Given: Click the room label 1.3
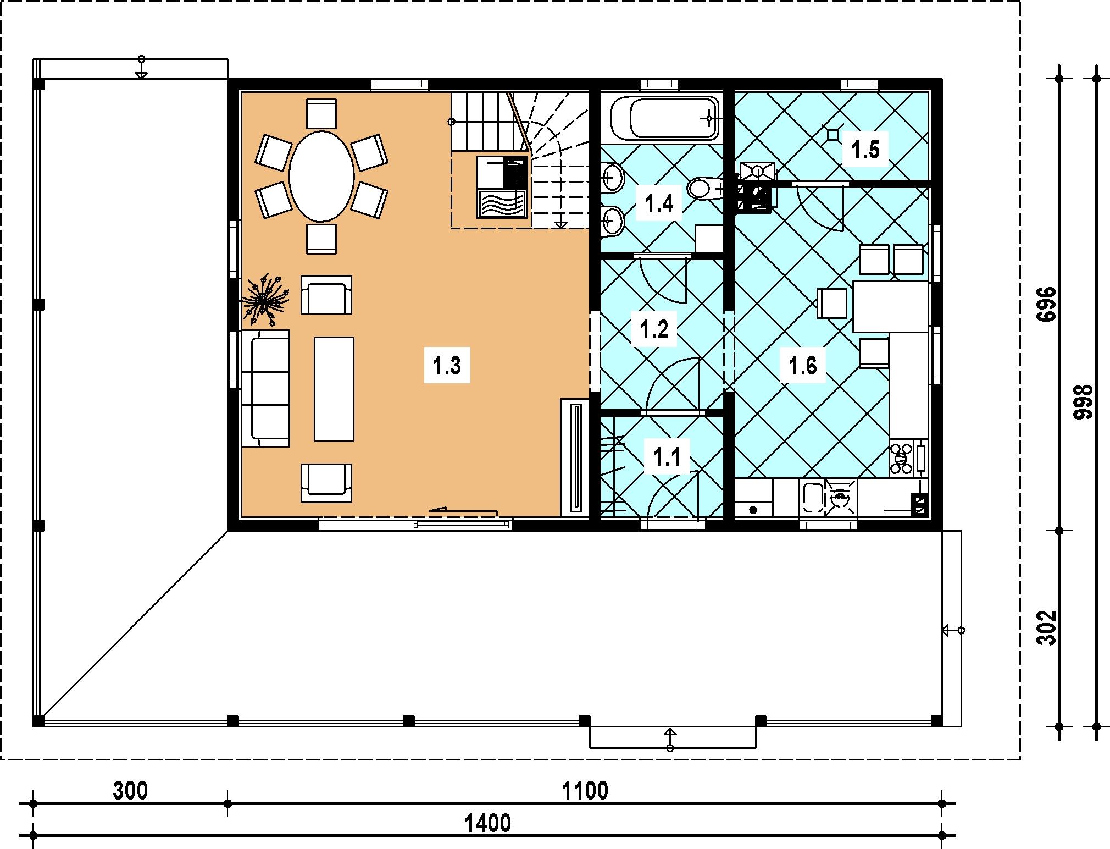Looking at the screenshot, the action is (x=447, y=366).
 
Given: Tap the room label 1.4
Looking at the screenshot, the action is (x=659, y=204).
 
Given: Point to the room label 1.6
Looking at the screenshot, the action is (x=803, y=366).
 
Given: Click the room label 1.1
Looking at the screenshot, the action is (x=667, y=457).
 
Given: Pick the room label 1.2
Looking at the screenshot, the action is (x=654, y=330).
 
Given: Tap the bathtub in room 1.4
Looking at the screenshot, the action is (x=665, y=119).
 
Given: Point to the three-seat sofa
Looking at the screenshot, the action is (x=265, y=388).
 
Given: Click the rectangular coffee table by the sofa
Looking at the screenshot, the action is (x=334, y=388).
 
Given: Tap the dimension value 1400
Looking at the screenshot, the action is (x=488, y=824).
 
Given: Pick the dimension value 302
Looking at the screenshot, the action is (x=1048, y=627).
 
